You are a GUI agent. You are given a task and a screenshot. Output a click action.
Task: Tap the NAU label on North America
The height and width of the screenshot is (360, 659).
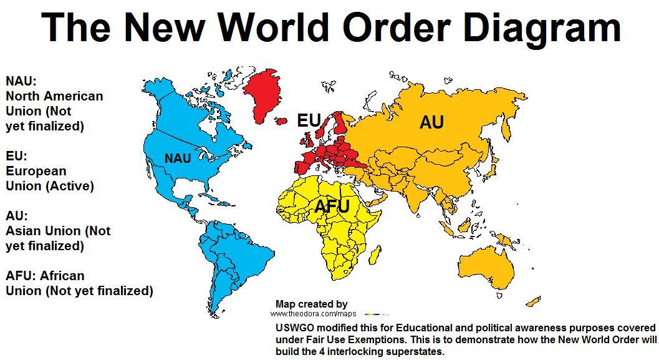pyautogui.click(x=178, y=158)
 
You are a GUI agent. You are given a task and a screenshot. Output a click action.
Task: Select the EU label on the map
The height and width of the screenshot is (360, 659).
pyautogui.click(x=309, y=120)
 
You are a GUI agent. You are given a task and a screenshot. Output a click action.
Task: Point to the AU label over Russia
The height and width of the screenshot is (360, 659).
pyautogui.click(x=431, y=122)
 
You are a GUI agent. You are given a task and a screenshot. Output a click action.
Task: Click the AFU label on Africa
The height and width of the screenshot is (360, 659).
pyautogui.click(x=332, y=207)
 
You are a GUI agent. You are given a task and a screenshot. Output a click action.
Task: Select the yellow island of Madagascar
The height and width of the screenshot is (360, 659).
pyautogui.click(x=375, y=254)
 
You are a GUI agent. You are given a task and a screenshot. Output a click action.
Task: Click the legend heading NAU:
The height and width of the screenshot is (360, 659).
pyautogui.click(x=21, y=81)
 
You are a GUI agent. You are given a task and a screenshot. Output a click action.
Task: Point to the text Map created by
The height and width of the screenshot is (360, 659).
pyautogui.click(x=311, y=304)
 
